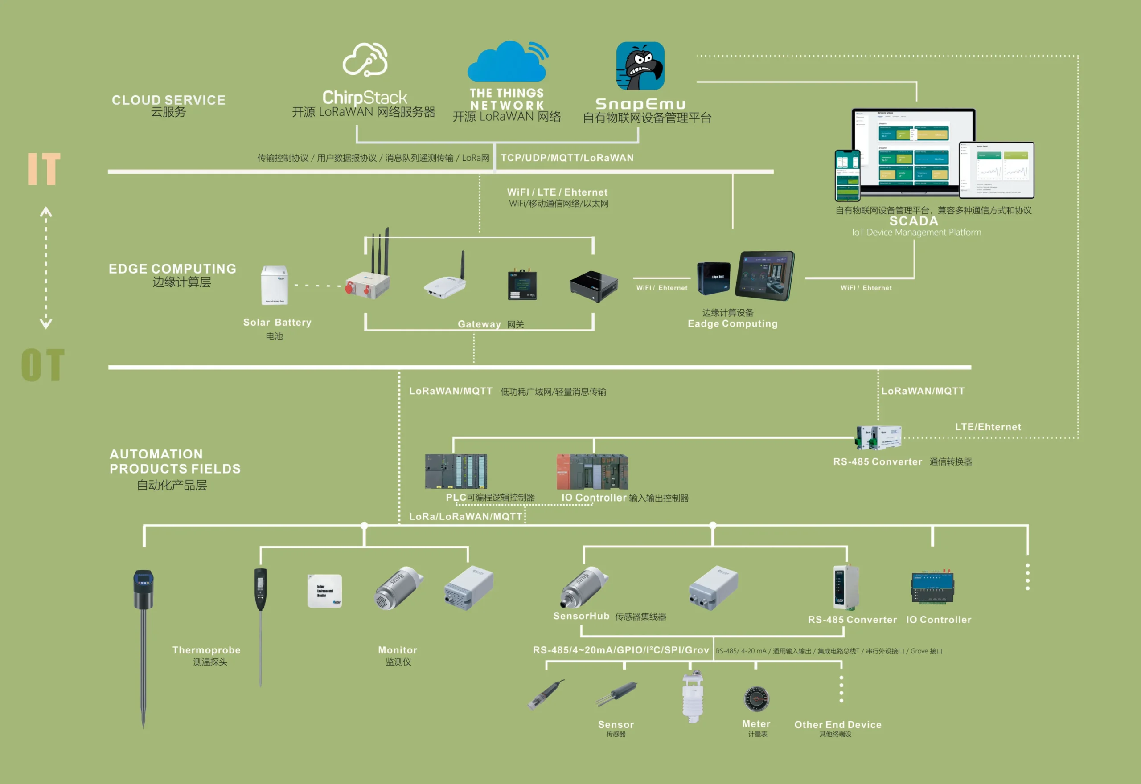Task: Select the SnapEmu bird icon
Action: (x=640, y=66)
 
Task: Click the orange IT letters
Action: (x=44, y=169)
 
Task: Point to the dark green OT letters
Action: (x=43, y=365)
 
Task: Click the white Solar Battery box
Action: (x=274, y=285)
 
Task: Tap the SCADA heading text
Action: (x=914, y=221)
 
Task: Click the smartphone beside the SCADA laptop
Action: (x=847, y=176)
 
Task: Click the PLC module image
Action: (x=456, y=471)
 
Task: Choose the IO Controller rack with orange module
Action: (x=592, y=471)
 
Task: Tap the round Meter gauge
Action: (x=757, y=699)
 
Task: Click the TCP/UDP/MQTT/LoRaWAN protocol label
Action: (x=567, y=158)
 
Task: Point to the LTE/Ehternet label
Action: (x=988, y=427)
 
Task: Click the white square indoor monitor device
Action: (x=324, y=591)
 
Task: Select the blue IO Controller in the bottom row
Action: (x=932, y=588)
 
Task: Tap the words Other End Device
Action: (x=838, y=725)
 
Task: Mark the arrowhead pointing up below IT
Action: (x=46, y=212)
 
